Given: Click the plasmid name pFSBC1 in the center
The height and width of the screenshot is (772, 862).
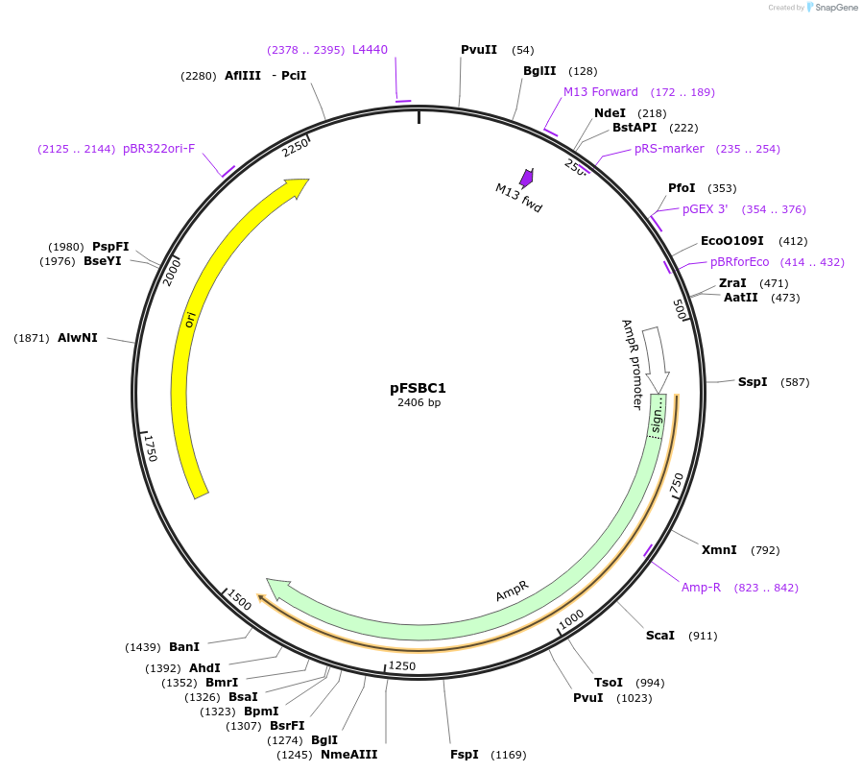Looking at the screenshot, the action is tap(418, 388).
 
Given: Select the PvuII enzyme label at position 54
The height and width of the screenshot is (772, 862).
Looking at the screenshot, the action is tap(478, 50).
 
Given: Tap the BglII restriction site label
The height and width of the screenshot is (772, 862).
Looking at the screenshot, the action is tap(540, 71).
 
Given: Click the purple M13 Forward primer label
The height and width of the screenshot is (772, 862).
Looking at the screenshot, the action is tap(600, 92).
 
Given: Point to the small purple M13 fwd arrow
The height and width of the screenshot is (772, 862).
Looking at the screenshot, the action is tap(526, 178).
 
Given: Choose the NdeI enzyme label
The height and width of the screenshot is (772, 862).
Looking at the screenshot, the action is tap(610, 113).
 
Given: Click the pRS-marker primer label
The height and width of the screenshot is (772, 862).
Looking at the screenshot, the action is tap(669, 149).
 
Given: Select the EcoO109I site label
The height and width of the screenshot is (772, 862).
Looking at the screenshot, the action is tap(732, 241).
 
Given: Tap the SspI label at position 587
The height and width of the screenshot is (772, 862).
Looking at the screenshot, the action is tap(753, 382).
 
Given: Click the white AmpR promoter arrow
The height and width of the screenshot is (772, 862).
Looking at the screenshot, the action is tap(657, 359).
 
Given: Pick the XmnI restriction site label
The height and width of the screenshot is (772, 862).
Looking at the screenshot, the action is tap(719, 550).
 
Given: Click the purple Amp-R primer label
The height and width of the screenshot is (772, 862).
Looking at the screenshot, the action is tap(701, 588).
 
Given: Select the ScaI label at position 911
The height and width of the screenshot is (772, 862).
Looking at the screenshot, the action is tap(659, 636).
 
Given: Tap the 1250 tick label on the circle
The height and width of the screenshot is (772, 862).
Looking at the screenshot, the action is tap(401, 666).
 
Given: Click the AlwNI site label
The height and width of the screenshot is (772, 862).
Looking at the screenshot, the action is tap(77, 338).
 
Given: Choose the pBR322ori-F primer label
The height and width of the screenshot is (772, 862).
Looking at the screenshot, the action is tap(158, 149).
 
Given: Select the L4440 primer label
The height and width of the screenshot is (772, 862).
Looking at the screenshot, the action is tap(370, 50).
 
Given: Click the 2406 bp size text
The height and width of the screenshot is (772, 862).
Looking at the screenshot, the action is tap(419, 403).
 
